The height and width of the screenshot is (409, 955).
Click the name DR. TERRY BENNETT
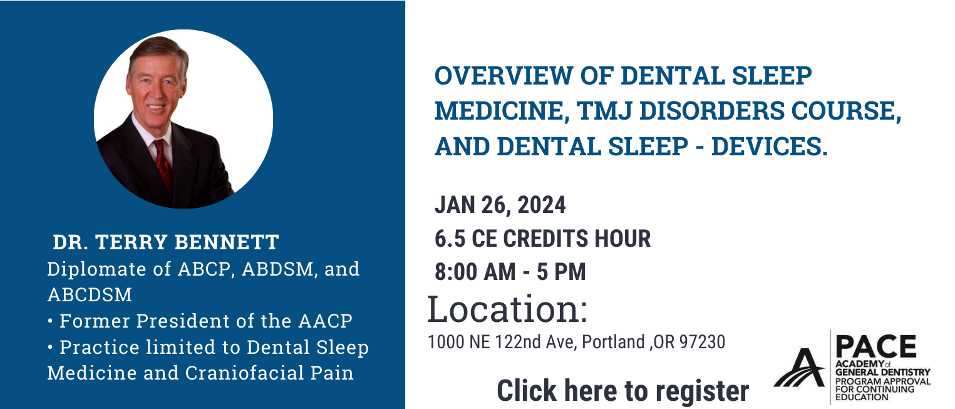pyautogui.click(x=166, y=242)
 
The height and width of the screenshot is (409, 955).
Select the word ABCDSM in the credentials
pyautogui.click(x=90, y=295)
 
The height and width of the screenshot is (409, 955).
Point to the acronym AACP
pyautogui.click(x=325, y=321)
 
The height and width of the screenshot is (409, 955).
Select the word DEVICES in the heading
pyautogui.click(x=770, y=147)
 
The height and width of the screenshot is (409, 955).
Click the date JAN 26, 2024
pyautogui.click(x=500, y=205)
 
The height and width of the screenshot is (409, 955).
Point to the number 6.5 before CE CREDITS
pyautogui.click(x=450, y=239)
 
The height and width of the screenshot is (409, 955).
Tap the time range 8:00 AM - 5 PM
pyautogui.click(x=510, y=272)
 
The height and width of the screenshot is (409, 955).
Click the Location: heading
pyautogui.click(x=508, y=309)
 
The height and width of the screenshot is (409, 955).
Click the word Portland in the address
pyautogui.click(x=613, y=342)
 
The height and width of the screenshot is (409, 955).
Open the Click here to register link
pyautogui.click(x=623, y=390)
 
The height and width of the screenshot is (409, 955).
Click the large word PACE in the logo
pyautogui.click(x=876, y=347)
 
